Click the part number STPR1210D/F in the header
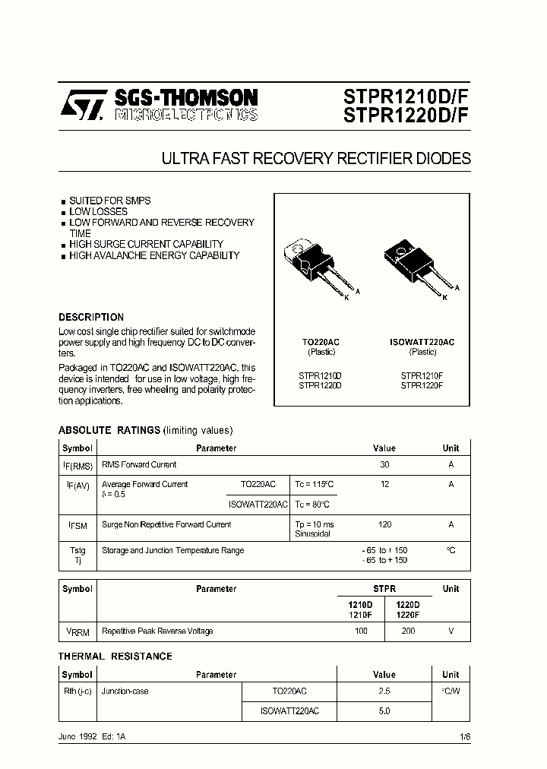pos(406,97)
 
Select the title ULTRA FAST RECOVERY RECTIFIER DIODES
pos(316,159)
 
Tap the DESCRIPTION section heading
pos(91,317)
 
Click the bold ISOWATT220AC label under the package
pos(422,342)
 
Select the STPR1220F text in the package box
pos(422,385)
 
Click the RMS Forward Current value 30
pos(384,464)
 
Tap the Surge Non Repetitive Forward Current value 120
pos(384,524)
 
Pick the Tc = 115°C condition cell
pos(314,484)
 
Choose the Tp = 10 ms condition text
pos(314,524)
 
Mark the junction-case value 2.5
pos(384,691)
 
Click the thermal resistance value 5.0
pos(384,710)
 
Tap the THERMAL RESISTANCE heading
pos(115,656)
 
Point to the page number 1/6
pos(465,738)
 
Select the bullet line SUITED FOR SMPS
pos(109,201)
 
